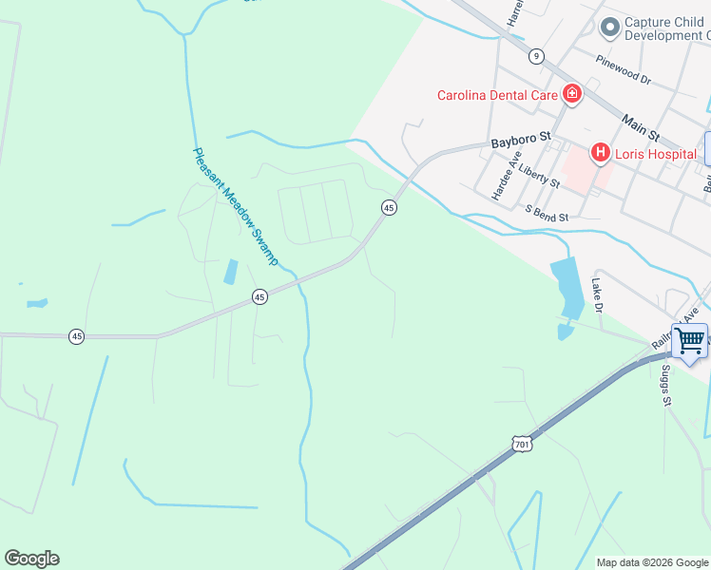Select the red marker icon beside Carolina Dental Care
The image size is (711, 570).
572,93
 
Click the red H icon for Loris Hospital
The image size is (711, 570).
600,152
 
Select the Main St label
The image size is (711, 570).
642,124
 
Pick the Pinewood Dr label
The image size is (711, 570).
623,69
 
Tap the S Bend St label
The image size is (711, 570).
547,213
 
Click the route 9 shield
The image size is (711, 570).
537,55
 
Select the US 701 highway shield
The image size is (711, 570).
520,444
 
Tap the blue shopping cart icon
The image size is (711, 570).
690,339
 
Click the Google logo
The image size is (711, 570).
31,559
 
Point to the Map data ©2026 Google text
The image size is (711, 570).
652,562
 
